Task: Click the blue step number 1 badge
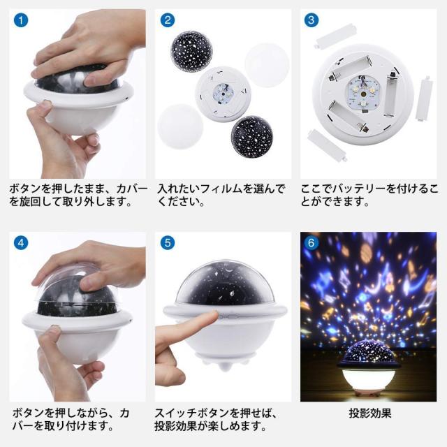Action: [21, 20]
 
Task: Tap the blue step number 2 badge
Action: [168, 20]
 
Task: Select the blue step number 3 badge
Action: [312, 20]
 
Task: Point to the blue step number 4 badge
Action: [21, 243]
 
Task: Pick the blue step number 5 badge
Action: [168, 243]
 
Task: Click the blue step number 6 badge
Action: [312, 243]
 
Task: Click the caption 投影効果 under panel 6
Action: [370, 413]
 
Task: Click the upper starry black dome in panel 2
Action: [191, 51]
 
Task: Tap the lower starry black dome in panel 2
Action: [251, 136]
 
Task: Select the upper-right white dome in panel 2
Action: [267, 65]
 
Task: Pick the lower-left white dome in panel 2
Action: [180, 126]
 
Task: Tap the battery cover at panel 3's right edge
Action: [424, 98]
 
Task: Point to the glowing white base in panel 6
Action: [369, 379]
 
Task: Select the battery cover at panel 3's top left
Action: [337, 36]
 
